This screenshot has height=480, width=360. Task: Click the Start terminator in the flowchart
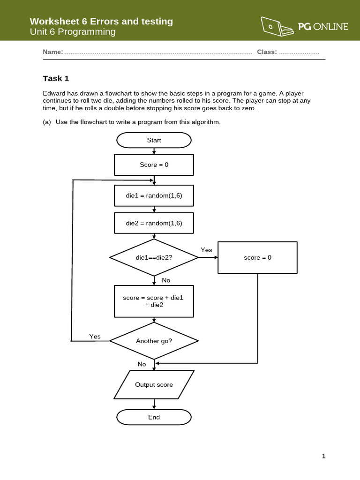[154, 140]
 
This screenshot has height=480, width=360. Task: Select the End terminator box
[154, 417]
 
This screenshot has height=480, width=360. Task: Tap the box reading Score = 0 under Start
[154, 165]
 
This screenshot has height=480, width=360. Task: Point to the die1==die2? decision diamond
[154, 257]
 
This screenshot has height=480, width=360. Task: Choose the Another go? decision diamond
[154, 341]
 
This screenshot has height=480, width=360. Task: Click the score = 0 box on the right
[257, 257]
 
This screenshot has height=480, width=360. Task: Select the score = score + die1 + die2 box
[154, 301]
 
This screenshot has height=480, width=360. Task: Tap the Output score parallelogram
[154, 385]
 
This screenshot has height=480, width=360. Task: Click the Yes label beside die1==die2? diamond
[206, 250]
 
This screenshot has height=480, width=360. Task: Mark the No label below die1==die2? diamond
[166, 280]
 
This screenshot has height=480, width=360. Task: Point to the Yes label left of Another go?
[95, 336]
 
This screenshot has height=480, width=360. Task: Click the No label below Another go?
[142, 364]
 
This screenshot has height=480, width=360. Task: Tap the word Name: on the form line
[52, 52]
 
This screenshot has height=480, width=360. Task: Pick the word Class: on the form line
[267, 52]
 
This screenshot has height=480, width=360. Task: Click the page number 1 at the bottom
[323, 456]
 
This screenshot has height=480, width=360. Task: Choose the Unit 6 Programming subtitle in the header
[72, 32]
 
